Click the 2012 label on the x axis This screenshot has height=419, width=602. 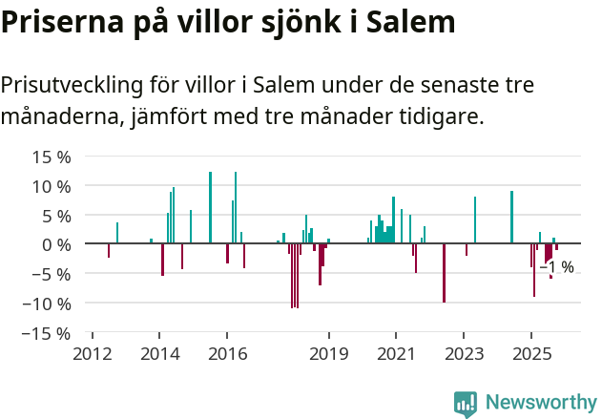click(x=92, y=354)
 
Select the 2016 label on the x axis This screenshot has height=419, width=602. click(x=226, y=354)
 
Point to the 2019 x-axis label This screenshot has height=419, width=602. click(x=328, y=354)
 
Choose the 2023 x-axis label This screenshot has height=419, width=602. click(x=464, y=354)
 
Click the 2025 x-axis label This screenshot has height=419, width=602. click(x=531, y=354)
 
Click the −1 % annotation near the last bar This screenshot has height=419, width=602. click(x=557, y=267)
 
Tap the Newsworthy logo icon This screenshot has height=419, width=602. click(x=466, y=404)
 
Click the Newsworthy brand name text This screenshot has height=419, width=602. click(x=540, y=404)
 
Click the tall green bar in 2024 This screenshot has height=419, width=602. click(x=511, y=218)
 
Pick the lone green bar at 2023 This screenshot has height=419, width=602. click(x=475, y=220)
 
